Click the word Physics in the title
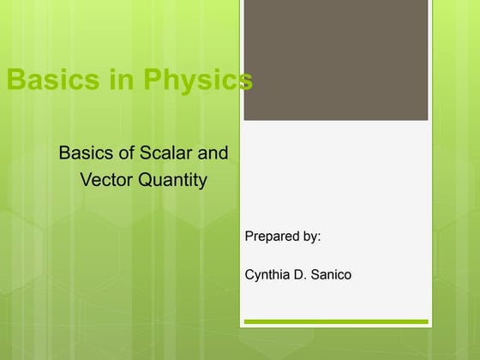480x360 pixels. coord(198,81)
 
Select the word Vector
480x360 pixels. coord(107,180)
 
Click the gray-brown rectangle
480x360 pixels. coord(335,60)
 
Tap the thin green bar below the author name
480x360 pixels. coord(335,322)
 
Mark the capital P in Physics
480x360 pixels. coord(152,81)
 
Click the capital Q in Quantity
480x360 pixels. coord(147,180)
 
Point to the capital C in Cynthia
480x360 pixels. coord(249,274)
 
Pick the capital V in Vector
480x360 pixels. coord(86,180)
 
